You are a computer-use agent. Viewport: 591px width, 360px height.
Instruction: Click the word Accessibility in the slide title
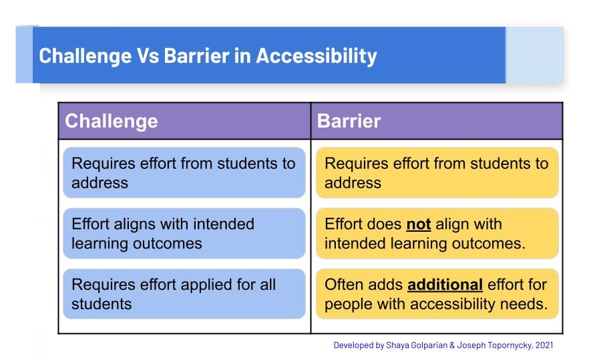coord(317,56)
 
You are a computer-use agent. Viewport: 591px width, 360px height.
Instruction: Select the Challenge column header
coord(112,122)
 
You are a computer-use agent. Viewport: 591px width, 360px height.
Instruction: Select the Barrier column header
coord(349,121)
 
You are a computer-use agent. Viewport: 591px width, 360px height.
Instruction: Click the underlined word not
coord(418,224)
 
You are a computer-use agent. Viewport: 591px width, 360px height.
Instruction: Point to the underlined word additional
coord(445,285)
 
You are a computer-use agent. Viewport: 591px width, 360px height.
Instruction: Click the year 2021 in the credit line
coord(544,345)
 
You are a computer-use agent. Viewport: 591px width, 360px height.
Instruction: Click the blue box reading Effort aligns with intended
coord(184,233)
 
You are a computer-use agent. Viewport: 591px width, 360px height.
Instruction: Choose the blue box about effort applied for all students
coord(184,294)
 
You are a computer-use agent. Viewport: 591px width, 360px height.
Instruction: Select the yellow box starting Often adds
coord(437,294)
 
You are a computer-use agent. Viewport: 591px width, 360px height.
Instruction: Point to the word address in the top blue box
coord(100,183)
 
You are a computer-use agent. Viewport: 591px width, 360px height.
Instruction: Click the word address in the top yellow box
coord(353,183)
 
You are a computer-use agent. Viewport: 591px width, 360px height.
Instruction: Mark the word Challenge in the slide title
coord(85,56)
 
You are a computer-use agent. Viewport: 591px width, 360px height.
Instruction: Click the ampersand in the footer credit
coord(452,345)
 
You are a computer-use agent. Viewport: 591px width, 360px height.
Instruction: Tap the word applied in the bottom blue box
coord(186,285)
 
